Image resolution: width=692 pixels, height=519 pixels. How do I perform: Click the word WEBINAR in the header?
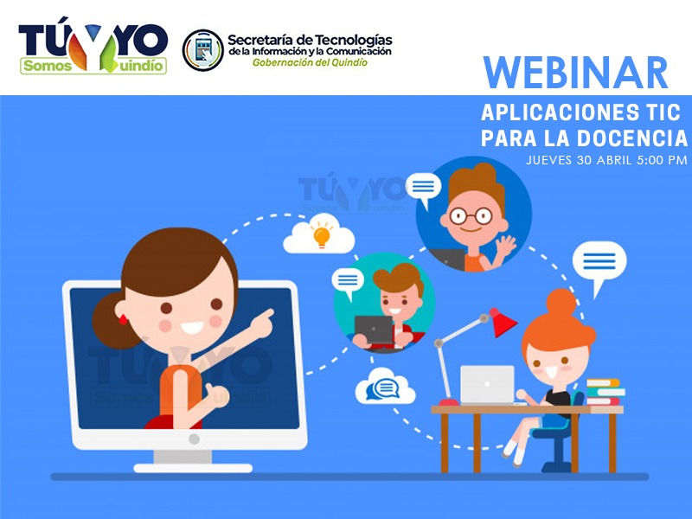[x=575, y=73]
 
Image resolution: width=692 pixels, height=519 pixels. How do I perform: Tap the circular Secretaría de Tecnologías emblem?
[x=203, y=50]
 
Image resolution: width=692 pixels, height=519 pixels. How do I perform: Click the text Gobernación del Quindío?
[x=310, y=62]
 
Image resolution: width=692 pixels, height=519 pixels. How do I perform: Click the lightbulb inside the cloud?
[x=322, y=236]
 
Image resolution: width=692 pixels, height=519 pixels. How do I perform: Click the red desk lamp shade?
[x=503, y=323]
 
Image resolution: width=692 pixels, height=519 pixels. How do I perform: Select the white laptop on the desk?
[x=487, y=384]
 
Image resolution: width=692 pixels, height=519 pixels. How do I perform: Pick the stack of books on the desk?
[x=605, y=392]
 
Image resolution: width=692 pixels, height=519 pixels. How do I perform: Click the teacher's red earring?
[x=123, y=319]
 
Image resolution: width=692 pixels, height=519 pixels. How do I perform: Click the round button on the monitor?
[x=194, y=439]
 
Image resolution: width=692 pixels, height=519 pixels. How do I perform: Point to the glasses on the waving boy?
[x=471, y=216]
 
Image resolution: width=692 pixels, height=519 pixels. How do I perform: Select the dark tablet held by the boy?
[x=374, y=330]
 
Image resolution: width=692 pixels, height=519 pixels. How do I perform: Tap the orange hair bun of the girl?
[x=561, y=302]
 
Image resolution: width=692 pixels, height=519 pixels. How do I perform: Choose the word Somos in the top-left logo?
[x=48, y=67]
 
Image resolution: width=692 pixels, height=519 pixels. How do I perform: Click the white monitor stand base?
[x=193, y=468]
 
